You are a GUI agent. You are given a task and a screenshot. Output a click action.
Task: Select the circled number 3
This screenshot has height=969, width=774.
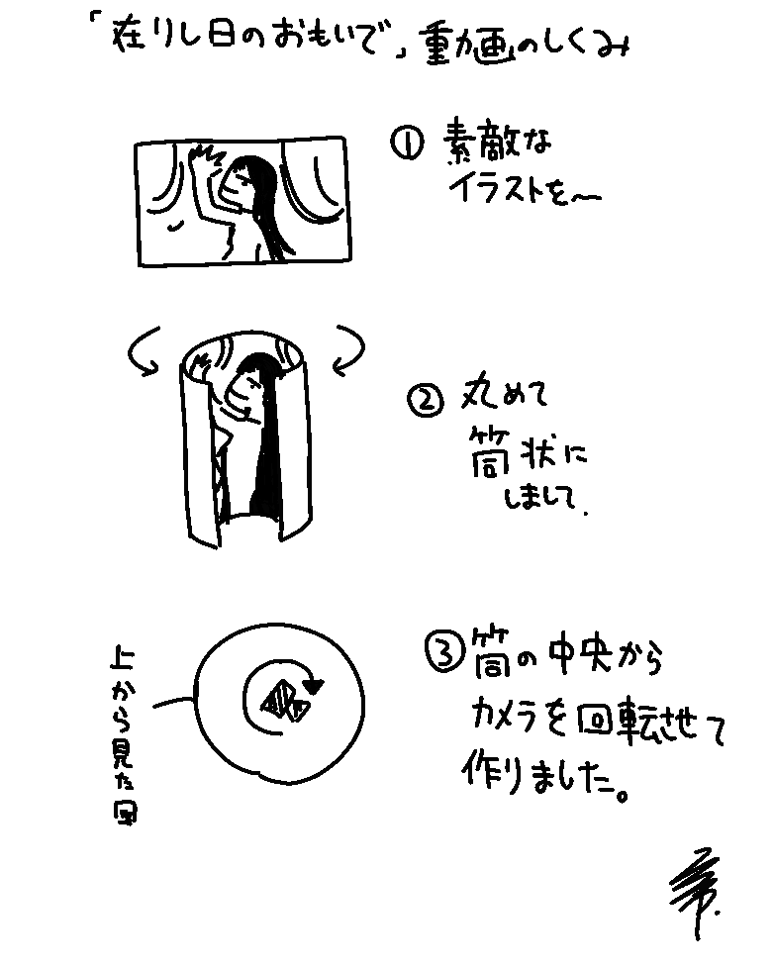click(x=441, y=653)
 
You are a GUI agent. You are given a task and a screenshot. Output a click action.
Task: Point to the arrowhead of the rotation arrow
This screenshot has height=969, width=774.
click(x=316, y=683)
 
